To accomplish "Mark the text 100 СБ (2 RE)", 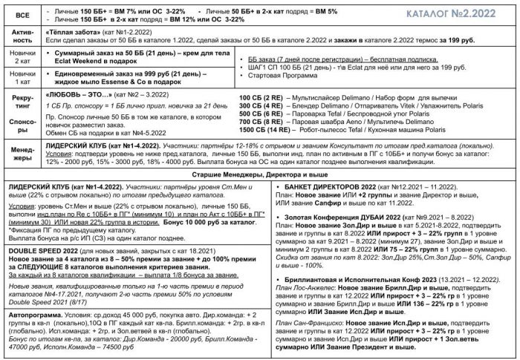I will click(x=264, y=96).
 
